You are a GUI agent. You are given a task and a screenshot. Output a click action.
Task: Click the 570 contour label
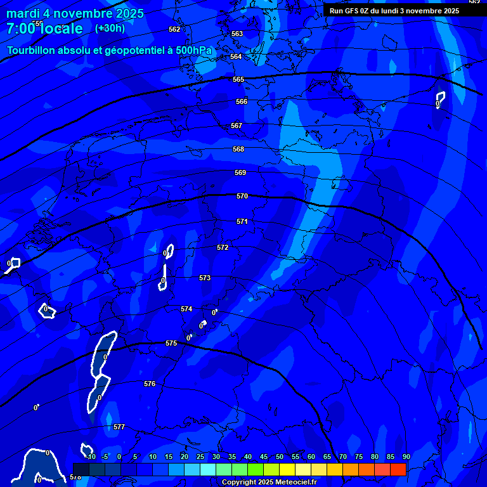point(242,197)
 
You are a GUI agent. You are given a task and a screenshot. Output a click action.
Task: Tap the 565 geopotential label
point(238,80)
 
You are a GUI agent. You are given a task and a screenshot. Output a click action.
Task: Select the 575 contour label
point(171,343)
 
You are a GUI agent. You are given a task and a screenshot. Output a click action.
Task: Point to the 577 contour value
point(119,427)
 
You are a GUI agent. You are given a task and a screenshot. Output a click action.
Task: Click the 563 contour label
point(237,34)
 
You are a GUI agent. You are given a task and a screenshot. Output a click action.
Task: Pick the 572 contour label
point(223,247)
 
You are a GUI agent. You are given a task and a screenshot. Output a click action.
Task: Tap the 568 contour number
point(238,150)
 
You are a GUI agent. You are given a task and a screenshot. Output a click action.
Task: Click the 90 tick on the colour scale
point(406,457)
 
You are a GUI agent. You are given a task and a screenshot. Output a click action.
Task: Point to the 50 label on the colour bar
point(280,457)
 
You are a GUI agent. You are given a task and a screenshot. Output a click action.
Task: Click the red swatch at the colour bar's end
point(398,469)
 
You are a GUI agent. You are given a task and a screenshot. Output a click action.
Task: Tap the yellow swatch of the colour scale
point(287,469)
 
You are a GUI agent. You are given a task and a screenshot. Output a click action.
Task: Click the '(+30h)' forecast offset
point(110,28)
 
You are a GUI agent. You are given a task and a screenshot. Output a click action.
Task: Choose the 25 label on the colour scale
point(200,457)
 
